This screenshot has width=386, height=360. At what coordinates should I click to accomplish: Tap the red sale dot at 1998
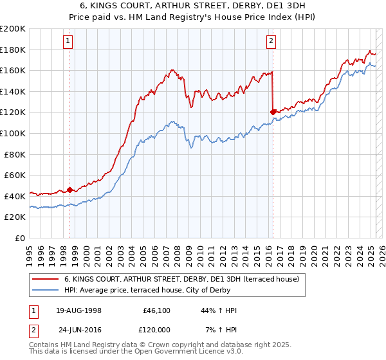tap(70, 190)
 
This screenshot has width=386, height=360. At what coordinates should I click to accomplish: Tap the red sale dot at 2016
tap(273, 112)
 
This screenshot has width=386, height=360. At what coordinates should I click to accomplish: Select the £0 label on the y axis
tap(21, 238)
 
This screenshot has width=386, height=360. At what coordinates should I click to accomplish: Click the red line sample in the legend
tap(46, 278)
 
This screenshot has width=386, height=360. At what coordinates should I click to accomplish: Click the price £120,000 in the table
tap(156, 329)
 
